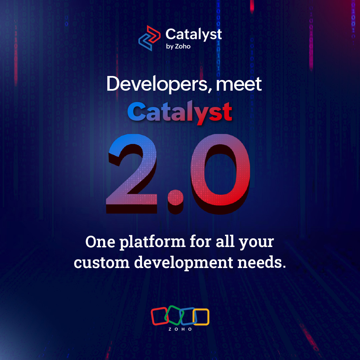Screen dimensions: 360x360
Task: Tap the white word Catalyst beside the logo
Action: [x=193, y=34]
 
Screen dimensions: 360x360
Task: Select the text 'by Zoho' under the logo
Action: [x=178, y=46]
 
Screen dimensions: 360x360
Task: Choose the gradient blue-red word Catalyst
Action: [x=180, y=112]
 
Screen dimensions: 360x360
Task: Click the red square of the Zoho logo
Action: [x=159, y=316]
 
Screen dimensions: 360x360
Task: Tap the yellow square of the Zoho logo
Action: [x=201, y=317]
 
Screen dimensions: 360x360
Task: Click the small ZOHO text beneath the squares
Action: [x=180, y=329]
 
